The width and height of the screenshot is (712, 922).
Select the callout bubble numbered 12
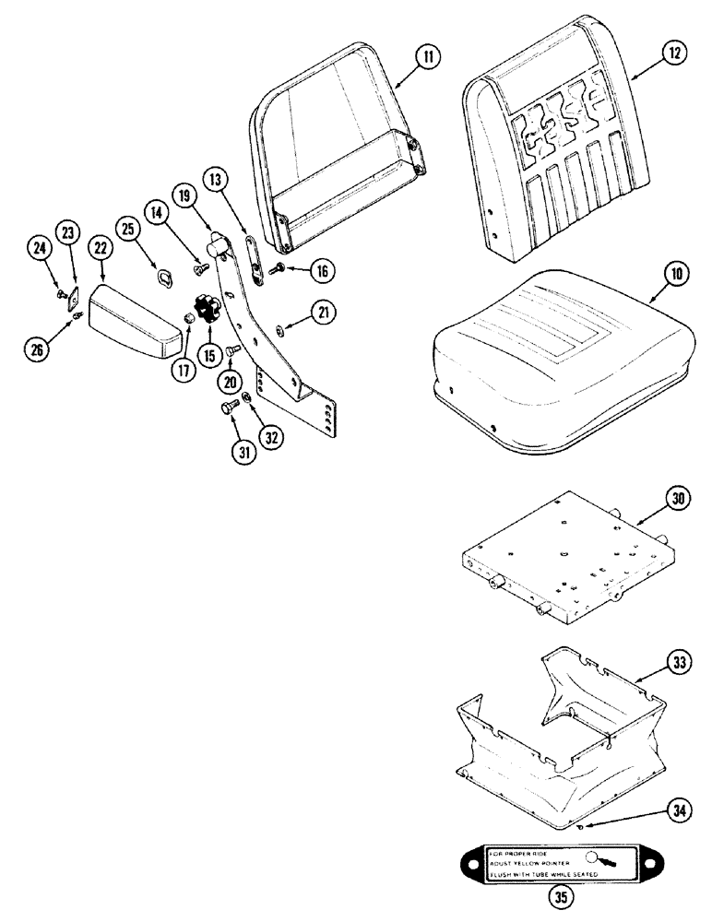tap(675, 53)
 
